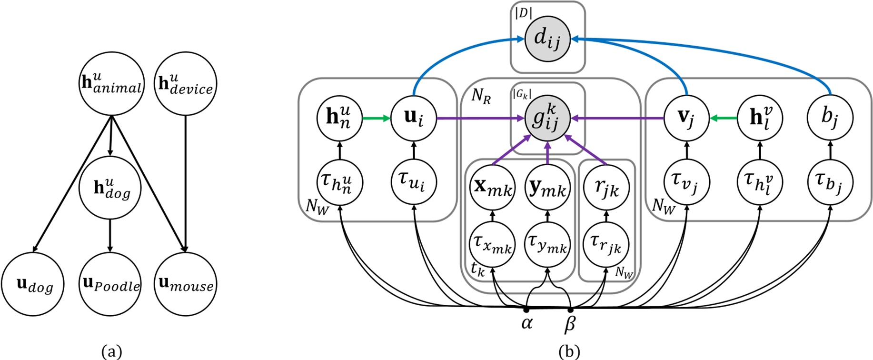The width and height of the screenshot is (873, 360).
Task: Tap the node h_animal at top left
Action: coord(111,84)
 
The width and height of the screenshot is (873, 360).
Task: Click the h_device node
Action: coord(186,84)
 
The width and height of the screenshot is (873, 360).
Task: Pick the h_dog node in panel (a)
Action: coord(110,188)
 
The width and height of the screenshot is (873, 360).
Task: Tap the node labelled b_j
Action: coord(830,117)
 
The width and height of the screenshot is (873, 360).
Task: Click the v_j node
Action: coord(686,118)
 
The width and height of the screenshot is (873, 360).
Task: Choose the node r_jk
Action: coord(606,188)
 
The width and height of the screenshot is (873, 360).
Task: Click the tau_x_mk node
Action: coord(492,245)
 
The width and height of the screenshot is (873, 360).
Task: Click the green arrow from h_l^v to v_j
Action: coord(724,118)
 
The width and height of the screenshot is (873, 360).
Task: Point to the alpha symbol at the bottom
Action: coord(527,323)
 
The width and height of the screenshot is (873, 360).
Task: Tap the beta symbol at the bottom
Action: coord(570,324)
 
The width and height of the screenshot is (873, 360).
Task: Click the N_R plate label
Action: coord(481,96)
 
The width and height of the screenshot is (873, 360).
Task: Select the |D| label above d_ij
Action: coord(523,13)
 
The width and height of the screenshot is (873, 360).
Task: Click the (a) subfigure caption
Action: coord(112,352)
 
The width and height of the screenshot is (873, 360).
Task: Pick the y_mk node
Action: coord(547,189)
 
